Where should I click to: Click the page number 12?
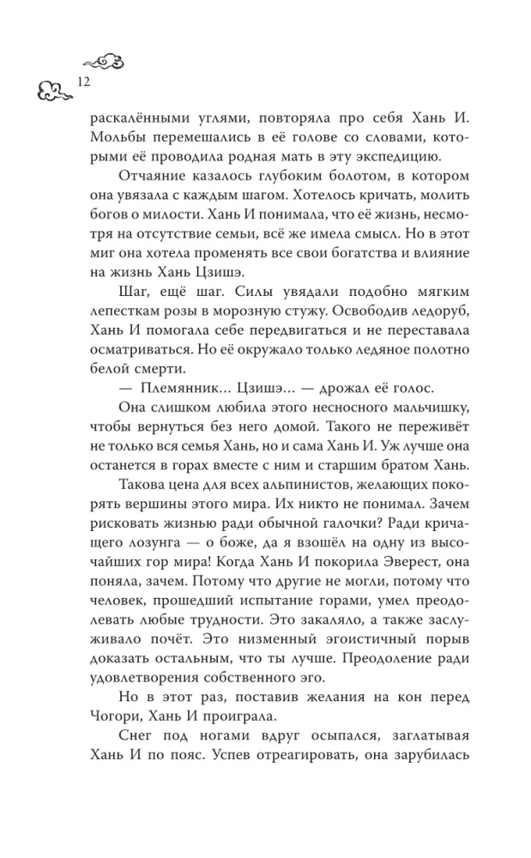(x=83, y=82)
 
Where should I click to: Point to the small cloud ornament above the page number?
(x=102, y=60)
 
